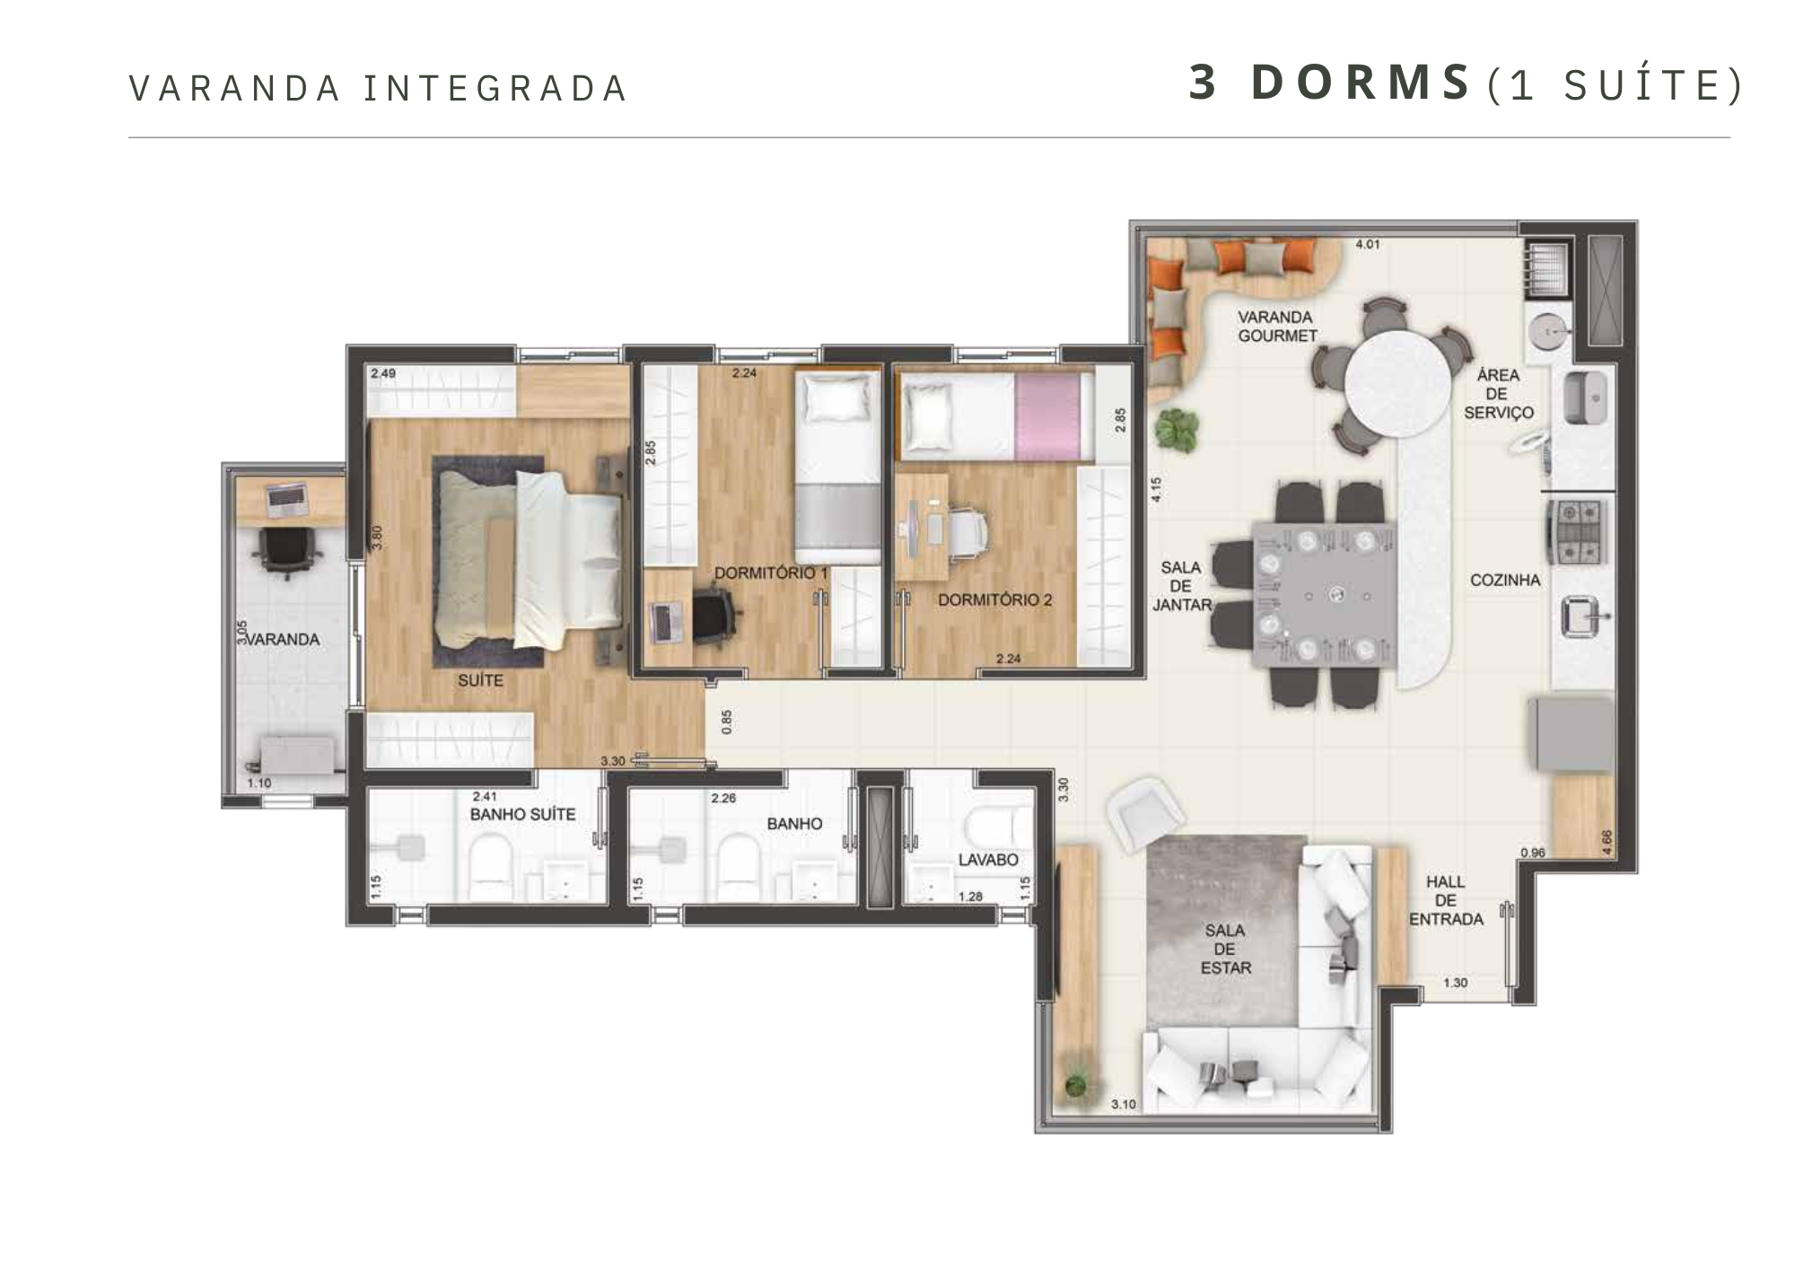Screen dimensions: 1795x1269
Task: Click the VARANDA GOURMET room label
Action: tap(1277, 327)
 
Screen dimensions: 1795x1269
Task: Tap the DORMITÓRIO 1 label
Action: tap(771, 573)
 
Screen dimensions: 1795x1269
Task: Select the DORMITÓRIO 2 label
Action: tap(994, 599)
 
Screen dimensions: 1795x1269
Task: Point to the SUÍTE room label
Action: tap(480, 680)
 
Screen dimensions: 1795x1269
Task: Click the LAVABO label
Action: tap(988, 859)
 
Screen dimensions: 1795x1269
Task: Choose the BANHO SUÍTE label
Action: tap(522, 814)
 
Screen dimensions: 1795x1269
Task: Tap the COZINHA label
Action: tap(1505, 580)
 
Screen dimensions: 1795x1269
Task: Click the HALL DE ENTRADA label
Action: tap(1446, 900)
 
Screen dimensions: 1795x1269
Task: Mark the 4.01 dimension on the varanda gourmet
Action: tap(1367, 244)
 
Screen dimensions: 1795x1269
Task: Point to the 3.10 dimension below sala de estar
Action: tap(1124, 1104)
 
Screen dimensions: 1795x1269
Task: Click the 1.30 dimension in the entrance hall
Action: tap(1455, 983)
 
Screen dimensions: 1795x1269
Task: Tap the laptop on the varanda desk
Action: tap(287, 500)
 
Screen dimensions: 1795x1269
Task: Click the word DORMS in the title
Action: tap(1361, 83)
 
